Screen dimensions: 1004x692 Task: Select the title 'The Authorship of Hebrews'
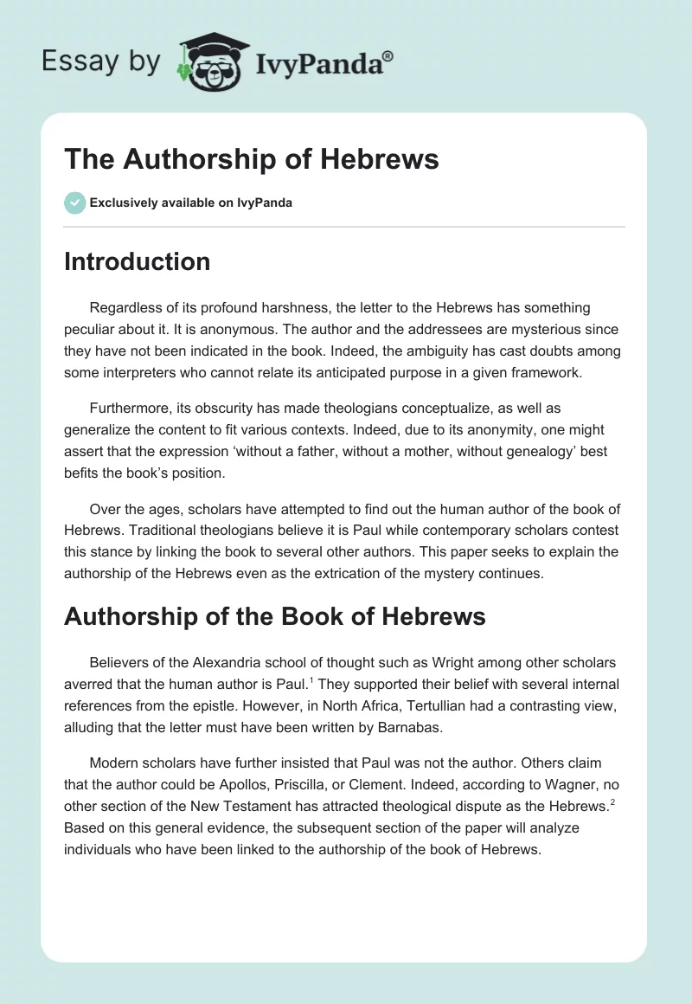click(x=252, y=160)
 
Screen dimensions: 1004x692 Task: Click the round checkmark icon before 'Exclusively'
click(x=74, y=203)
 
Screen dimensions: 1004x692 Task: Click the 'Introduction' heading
click(x=137, y=261)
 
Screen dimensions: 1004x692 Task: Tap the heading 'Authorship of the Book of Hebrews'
click(x=274, y=616)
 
